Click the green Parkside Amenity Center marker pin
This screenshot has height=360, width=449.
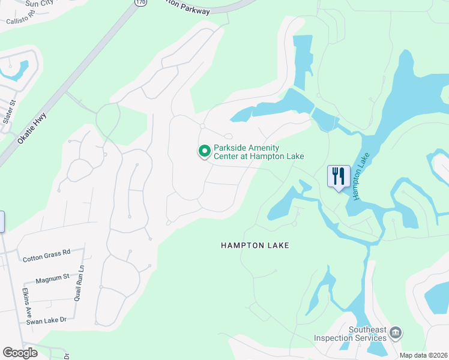pyautogui.click(x=204, y=152)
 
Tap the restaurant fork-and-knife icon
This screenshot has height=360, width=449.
pyautogui.click(x=339, y=176)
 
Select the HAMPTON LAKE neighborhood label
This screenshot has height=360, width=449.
pyautogui.click(x=255, y=245)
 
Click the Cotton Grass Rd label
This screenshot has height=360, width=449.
pyautogui.click(x=46, y=259)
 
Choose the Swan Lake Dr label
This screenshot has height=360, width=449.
pyautogui.click(x=46, y=321)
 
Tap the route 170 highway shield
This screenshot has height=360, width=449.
pyautogui.click(x=140, y=2)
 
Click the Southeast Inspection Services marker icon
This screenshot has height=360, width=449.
pyautogui.click(x=395, y=332)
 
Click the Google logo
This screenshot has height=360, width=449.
pyautogui.click(x=20, y=353)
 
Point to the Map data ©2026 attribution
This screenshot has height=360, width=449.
pyautogui.click(x=424, y=355)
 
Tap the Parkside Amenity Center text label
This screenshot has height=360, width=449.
pyautogui.click(x=259, y=152)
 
